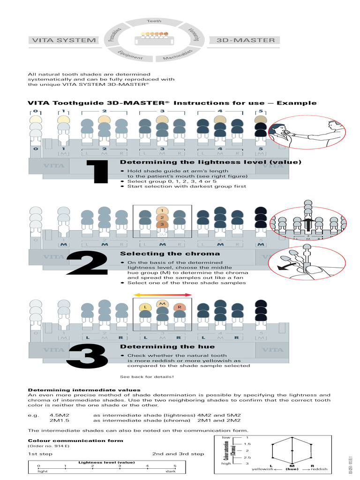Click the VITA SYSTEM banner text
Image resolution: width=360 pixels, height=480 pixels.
coord(63,40)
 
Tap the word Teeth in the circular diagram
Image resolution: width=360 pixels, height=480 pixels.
coord(154,22)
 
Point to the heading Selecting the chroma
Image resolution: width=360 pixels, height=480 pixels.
coord(163,254)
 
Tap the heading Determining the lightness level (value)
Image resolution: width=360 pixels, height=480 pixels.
coord(210,162)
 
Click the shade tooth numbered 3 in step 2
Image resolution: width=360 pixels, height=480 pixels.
coord(162,225)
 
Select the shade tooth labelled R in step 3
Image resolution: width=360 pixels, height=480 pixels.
coord(179,307)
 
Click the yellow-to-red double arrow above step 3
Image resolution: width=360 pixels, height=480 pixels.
coord(162,295)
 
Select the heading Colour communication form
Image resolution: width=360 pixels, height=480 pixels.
coord(75,441)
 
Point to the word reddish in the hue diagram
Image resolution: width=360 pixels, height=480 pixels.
coord(319,469)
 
